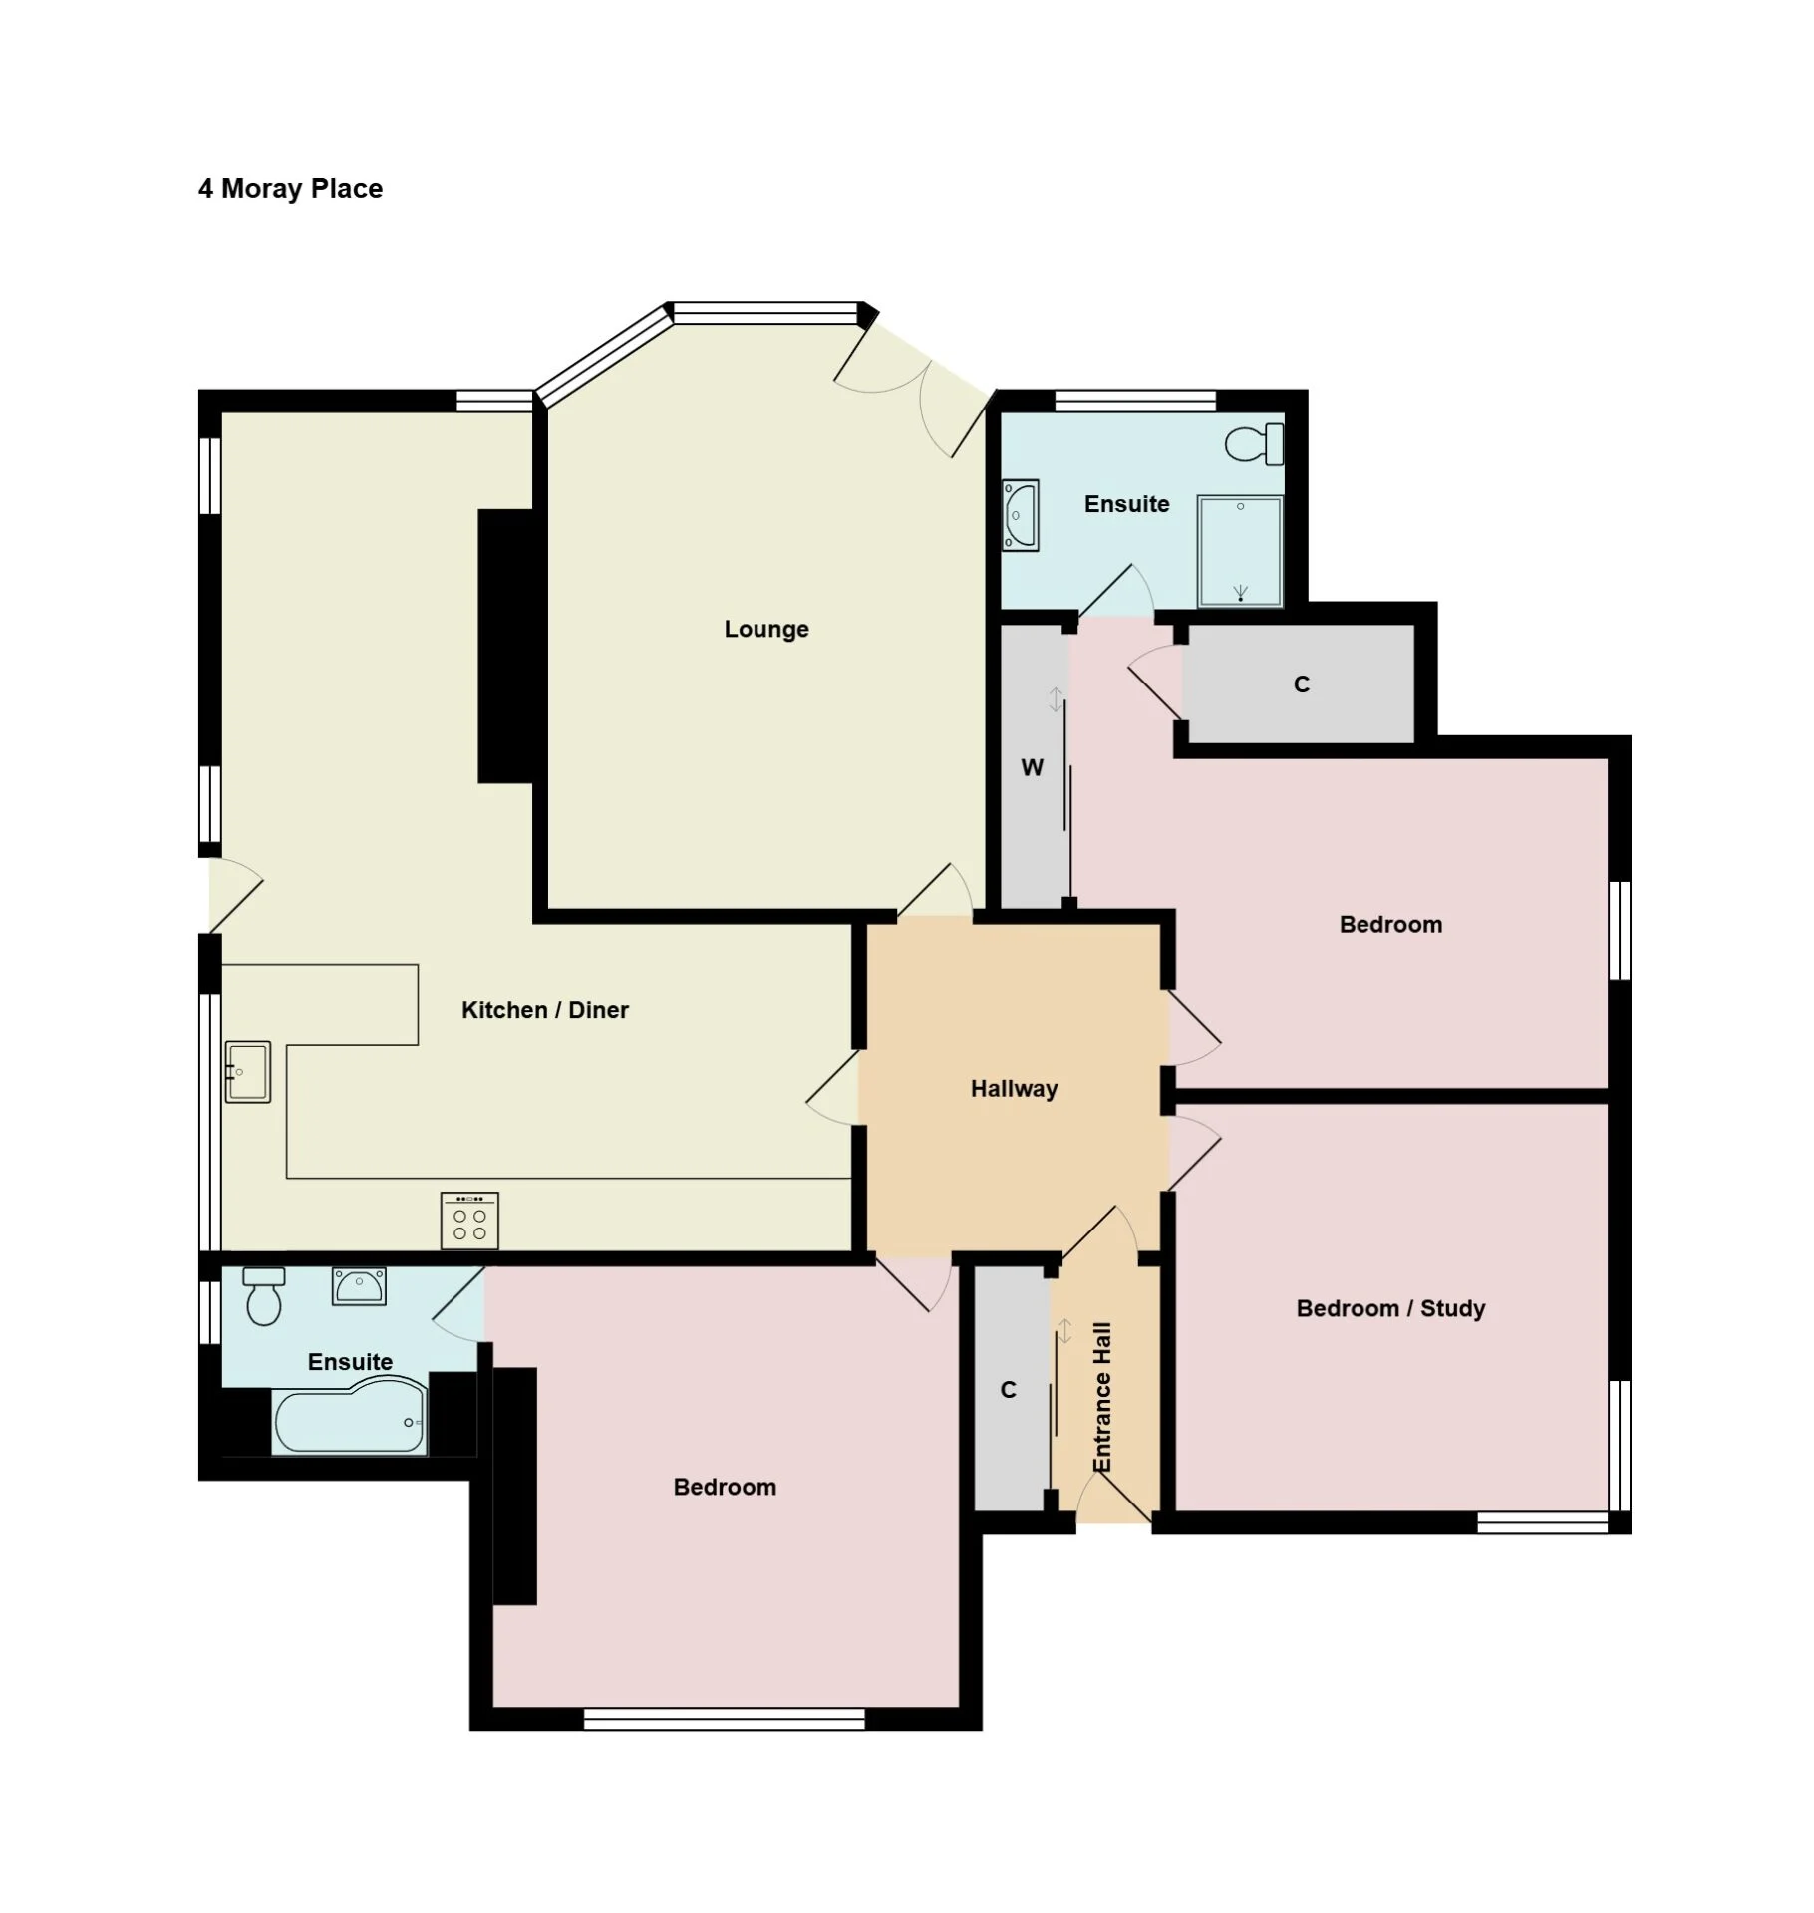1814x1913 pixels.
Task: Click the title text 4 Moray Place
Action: click(290, 189)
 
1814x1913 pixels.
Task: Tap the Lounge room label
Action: click(766, 629)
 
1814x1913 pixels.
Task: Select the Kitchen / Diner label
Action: click(545, 1010)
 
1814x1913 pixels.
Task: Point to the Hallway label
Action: click(1014, 1088)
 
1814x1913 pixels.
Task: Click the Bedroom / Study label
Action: click(1390, 1308)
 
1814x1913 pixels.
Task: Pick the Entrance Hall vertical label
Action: click(1101, 1397)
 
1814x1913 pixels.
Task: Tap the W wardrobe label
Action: click(1032, 767)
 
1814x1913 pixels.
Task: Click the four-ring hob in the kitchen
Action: click(469, 1221)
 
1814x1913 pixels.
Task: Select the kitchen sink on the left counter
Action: click(248, 1072)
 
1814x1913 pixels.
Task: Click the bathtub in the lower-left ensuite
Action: click(350, 1416)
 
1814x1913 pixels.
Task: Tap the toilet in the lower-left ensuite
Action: click(264, 1296)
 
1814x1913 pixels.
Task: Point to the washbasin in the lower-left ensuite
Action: click(359, 1286)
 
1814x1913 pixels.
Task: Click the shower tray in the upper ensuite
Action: click(1240, 551)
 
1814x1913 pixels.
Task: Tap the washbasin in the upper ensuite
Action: click(1021, 515)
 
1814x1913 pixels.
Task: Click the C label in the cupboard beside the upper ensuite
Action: click(1302, 684)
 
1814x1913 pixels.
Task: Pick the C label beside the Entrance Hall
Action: click(1009, 1390)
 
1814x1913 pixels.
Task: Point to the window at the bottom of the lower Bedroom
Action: click(725, 1719)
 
